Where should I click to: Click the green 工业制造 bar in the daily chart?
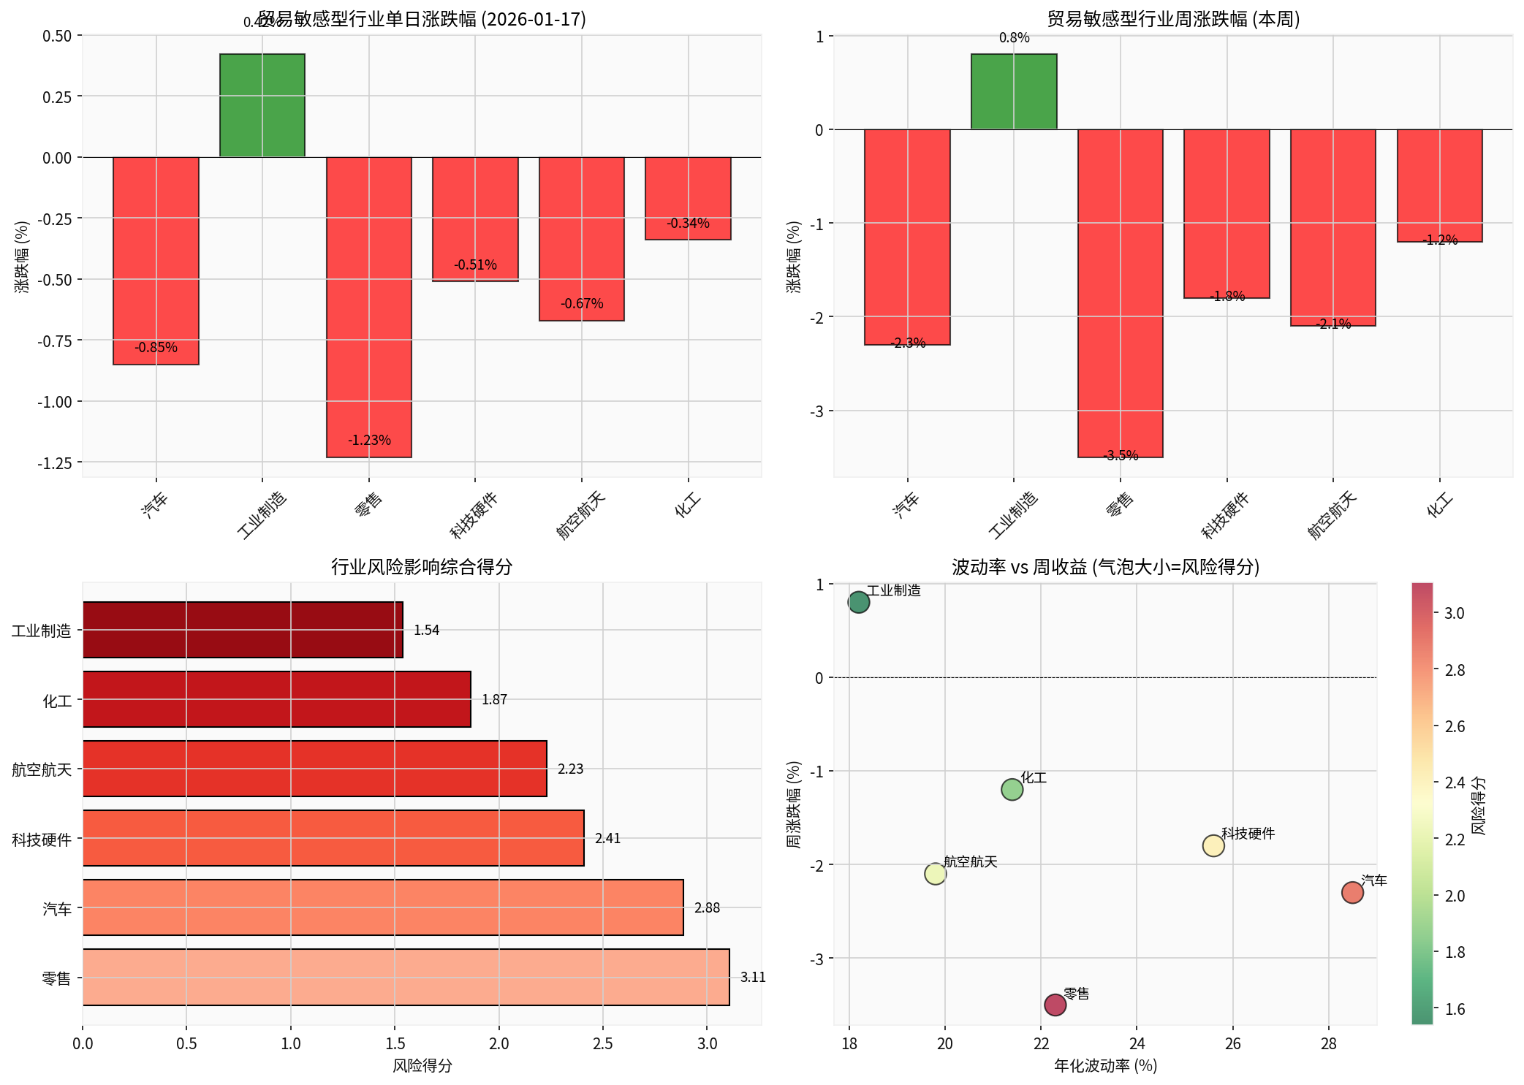click(262, 105)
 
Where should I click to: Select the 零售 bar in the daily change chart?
click(368, 307)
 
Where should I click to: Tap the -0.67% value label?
click(582, 303)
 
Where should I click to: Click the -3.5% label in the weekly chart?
click(1121, 456)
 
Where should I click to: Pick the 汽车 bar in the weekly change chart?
click(907, 237)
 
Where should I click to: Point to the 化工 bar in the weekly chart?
click(1439, 186)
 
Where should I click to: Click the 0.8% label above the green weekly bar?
click(1014, 38)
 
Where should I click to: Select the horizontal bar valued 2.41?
click(333, 838)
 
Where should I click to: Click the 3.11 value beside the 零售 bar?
click(752, 978)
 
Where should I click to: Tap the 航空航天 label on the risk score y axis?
click(42, 769)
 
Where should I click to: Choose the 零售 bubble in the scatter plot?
click(1055, 1005)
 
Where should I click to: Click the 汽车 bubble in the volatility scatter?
click(1352, 892)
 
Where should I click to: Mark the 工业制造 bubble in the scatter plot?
click(859, 602)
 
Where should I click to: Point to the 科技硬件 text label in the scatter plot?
click(1248, 834)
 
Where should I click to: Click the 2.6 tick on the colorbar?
click(1455, 726)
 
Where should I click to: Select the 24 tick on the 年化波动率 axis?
click(1137, 1043)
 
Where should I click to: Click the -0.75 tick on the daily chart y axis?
click(55, 341)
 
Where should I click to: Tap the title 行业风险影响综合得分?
click(422, 567)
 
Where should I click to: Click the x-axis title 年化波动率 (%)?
click(1105, 1066)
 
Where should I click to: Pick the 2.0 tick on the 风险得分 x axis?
click(499, 1043)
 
